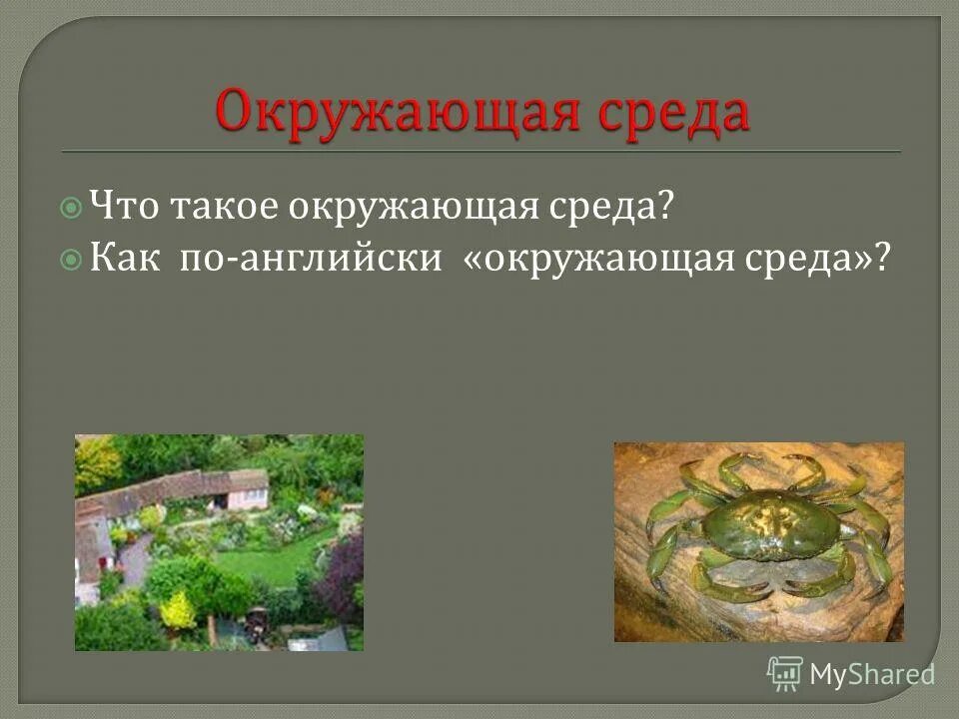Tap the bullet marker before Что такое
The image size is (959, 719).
pos(71,208)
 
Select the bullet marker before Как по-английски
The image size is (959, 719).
pos(71,259)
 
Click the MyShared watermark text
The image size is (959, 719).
pos(872,674)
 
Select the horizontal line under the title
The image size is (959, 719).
pos(480,151)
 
